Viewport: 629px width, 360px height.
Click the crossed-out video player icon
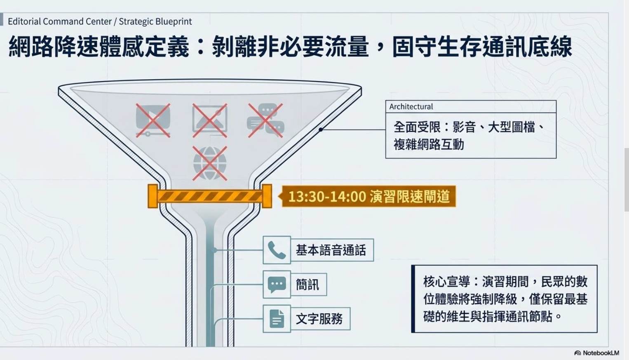153,120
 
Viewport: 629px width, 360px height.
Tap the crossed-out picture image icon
210,120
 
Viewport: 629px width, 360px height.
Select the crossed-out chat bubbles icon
265,120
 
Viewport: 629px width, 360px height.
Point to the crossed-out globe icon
210,163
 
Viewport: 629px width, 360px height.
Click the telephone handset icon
277,250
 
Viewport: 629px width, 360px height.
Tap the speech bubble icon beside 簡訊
277,285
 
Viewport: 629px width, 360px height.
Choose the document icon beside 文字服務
277,319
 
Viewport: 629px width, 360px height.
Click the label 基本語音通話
331,250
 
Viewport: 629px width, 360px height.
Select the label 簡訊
307,285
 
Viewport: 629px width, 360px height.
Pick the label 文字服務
319,319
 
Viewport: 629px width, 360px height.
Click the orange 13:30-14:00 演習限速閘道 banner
368,196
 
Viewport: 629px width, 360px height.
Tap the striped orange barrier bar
210,196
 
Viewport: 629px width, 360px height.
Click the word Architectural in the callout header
411,106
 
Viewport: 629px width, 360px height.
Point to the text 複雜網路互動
429,144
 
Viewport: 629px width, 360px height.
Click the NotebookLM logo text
601,353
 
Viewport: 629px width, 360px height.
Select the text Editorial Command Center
60,21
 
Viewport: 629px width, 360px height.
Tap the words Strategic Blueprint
155,21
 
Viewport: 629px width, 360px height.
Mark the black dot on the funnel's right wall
321,129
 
